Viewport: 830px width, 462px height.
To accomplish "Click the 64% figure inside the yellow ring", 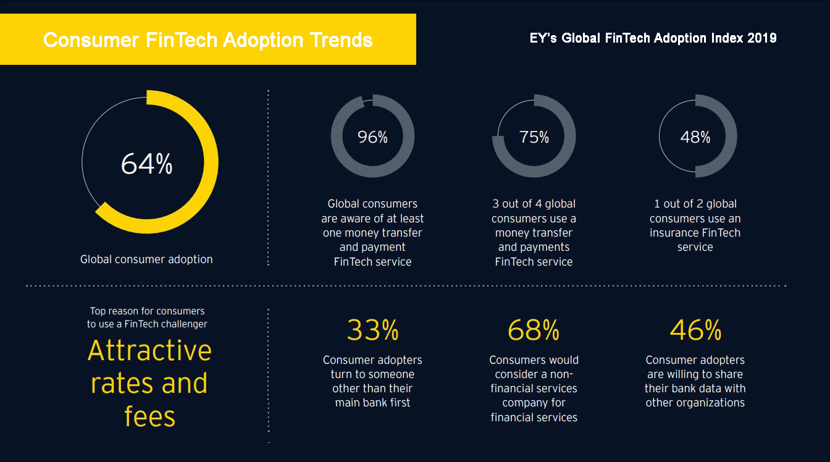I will [x=146, y=164].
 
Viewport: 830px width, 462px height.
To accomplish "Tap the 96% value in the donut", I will [x=372, y=137].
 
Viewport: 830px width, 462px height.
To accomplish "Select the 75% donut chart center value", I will [x=534, y=137].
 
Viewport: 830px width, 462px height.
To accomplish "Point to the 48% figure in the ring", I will [x=695, y=137].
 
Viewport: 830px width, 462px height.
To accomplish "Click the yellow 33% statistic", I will [x=372, y=330].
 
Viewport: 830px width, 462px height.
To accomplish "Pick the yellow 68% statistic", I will [x=534, y=330].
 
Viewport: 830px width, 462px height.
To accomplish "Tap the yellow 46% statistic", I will [x=695, y=330].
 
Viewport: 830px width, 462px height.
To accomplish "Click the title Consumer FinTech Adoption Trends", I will [x=207, y=40].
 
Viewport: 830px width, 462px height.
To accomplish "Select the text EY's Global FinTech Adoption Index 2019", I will [x=653, y=38].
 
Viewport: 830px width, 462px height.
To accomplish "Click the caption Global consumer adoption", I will [x=146, y=259].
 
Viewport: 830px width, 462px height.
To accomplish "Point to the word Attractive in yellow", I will [x=149, y=351].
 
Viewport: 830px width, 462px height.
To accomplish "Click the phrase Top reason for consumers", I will [x=147, y=311].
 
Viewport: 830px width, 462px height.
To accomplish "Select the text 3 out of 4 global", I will [x=534, y=204].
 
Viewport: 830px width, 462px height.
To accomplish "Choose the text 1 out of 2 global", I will [x=695, y=204].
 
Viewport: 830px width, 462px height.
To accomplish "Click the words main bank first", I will [x=372, y=403].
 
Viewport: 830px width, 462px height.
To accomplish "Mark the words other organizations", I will [x=695, y=403].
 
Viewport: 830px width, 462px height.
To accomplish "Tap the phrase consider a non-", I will [x=534, y=374].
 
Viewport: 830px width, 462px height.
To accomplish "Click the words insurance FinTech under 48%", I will [x=695, y=233].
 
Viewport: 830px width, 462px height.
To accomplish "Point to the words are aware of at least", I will [x=372, y=219].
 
